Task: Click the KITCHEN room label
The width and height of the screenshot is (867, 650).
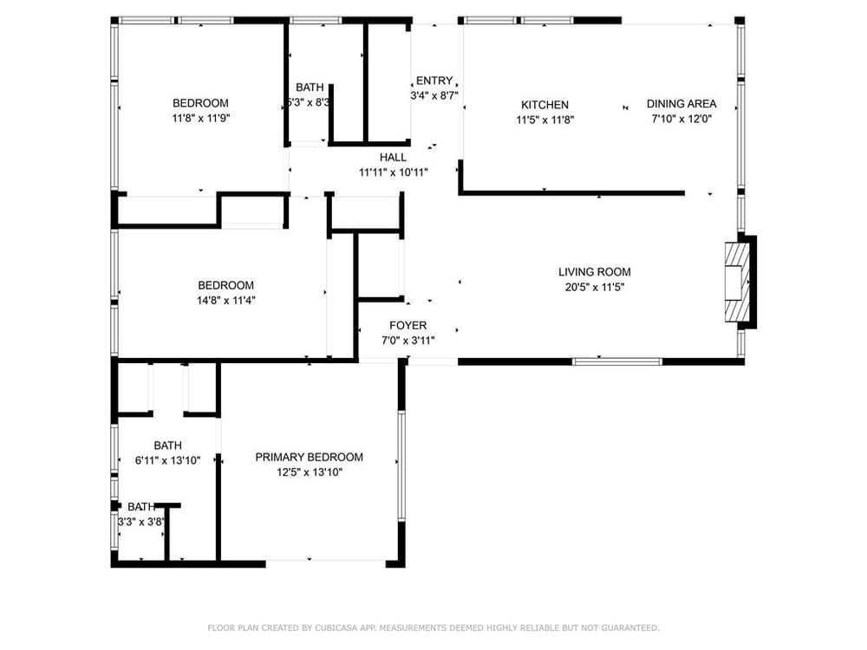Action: point(544,105)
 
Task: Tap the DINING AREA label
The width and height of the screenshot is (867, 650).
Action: point(681,103)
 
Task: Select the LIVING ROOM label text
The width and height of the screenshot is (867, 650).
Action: point(595,271)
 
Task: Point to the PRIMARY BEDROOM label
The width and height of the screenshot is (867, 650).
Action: point(310,457)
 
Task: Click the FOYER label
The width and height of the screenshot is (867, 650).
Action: point(408,325)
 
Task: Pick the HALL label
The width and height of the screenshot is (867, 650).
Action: point(393,157)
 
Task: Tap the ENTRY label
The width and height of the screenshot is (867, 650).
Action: point(434,80)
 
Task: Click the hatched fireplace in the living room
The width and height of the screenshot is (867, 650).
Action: point(738,282)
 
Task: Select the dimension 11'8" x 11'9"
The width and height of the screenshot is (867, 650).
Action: point(201,118)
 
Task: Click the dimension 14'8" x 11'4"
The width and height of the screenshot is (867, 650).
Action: point(225,300)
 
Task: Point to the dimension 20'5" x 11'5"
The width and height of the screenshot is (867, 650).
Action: point(595,286)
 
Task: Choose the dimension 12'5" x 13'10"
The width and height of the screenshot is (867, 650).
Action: point(310,472)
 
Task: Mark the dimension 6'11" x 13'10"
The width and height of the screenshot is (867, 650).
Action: point(167,460)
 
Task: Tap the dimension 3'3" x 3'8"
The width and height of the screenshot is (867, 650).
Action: point(141,522)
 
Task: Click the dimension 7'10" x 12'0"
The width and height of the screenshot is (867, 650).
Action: point(681,118)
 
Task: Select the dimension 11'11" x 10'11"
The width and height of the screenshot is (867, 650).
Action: point(393,172)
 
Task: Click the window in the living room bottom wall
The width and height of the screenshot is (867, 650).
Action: point(617,362)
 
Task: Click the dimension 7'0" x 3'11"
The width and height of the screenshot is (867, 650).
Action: point(408,340)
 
